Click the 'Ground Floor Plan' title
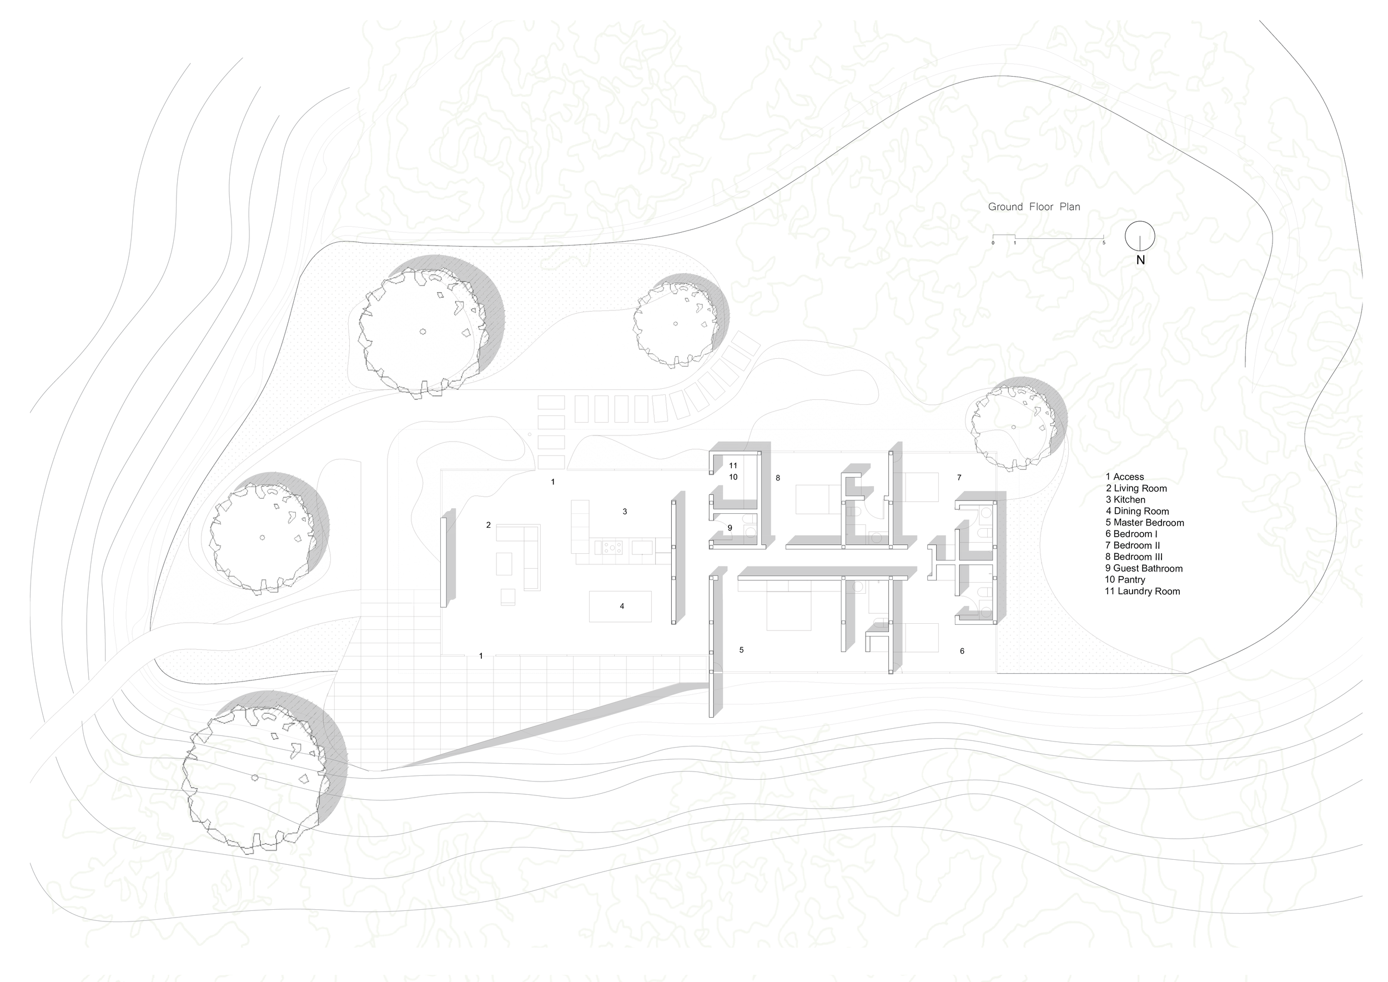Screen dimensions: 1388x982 [x=1034, y=207]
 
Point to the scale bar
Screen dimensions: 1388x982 [x=1048, y=238]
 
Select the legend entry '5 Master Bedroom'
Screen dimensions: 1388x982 [x=1144, y=523]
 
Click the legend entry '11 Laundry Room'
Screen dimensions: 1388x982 [x=1142, y=592]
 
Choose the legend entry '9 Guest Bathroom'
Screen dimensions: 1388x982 [x=1144, y=568]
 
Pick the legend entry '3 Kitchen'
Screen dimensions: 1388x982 [x=1125, y=499]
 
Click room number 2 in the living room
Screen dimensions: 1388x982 [x=489, y=525]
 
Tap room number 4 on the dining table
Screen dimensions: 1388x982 [x=621, y=606]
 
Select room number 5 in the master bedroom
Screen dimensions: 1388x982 [x=741, y=650]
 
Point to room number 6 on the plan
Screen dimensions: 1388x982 [x=962, y=651]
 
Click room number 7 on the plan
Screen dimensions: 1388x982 [x=959, y=478]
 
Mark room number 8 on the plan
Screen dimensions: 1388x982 [x=778, y=478]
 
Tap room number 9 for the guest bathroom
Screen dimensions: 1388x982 [x=730, y=528]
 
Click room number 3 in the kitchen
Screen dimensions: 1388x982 [x=625, y=512]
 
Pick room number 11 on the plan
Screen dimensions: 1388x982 [x=733, y=465]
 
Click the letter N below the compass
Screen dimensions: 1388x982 [x=1141, y=260]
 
